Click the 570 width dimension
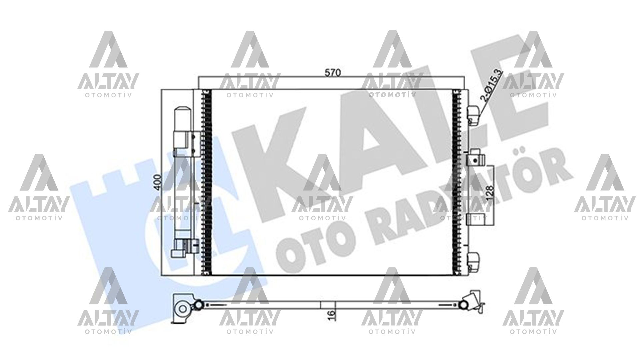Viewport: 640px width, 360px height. (x=333, y=73)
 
